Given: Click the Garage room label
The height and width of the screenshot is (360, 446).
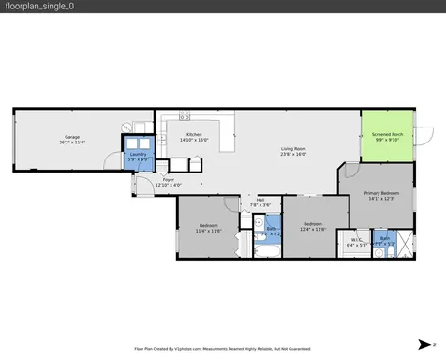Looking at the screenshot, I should (x=72, y=137).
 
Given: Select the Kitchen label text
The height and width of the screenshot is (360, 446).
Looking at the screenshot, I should (x=194, y=134).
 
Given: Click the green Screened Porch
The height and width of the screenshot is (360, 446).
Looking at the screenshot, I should (x=386, y=133).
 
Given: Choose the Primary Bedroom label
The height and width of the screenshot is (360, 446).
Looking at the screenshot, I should (x=385, y=193).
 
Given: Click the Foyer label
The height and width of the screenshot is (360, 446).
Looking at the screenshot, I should (x=169, y=179).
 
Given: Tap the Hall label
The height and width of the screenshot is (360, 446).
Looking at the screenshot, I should (x=260, y=199).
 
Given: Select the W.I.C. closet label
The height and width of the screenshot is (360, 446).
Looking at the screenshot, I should (x=356, y=240).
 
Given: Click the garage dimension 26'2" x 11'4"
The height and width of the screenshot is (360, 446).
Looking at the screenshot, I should (x=72, y=142).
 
